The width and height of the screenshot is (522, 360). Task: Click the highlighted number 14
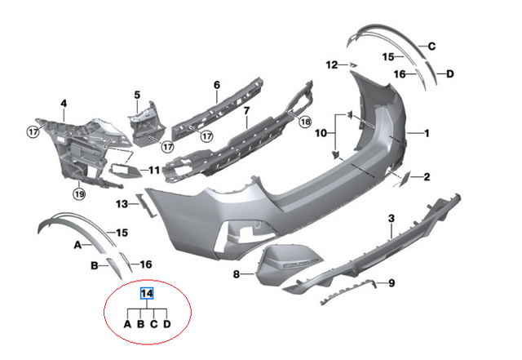[x=147, y=294]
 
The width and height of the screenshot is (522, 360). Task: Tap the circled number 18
[x=305, y=122]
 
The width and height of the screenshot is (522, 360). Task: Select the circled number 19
[x=79, y=193]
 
